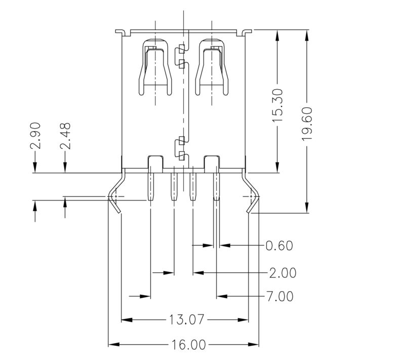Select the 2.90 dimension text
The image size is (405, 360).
tap(35, 136)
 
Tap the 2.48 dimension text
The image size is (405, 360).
tap(65, 136)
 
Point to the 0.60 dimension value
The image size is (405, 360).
tap(279, 246)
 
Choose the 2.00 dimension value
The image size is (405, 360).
tap(282, 273)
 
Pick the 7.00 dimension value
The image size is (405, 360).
tap(279, 296)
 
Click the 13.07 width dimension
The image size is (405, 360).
tap(186, 320)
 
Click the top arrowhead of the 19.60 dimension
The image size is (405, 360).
tap(307, 34)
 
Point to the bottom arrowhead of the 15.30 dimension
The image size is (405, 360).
tap(277, 169)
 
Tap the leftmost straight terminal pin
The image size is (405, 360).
tap(150, 187)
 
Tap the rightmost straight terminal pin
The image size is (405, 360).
tap(216, 187)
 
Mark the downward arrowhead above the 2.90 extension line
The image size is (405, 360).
tap(35, 169)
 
